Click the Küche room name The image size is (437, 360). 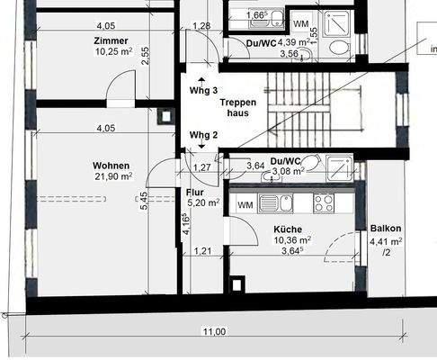coord(288,229)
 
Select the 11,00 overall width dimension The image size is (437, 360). coord(213,331)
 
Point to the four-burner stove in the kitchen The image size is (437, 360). coord(324,202)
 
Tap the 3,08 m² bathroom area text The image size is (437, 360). coord(289,171)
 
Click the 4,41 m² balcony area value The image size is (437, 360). coord(386,241)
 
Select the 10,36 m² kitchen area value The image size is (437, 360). coord(292,241)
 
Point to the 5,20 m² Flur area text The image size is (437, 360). coord(202,203)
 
